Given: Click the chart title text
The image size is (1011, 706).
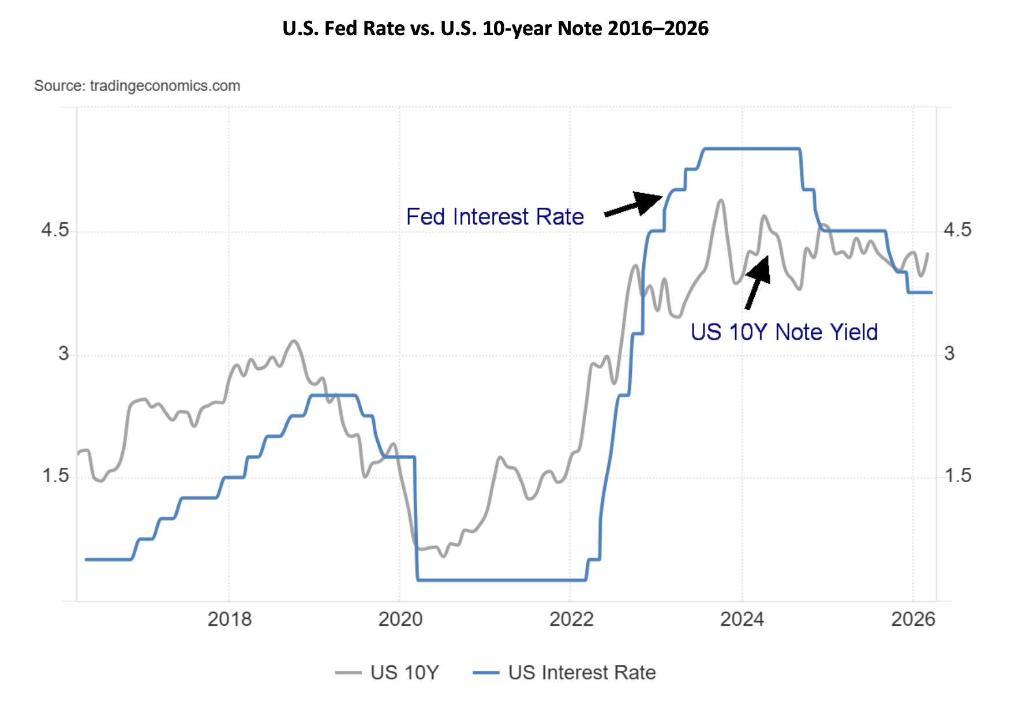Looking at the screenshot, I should [495, 28].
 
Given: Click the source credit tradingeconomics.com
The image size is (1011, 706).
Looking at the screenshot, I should [137, 86].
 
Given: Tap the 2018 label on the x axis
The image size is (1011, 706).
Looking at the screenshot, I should [229, 619].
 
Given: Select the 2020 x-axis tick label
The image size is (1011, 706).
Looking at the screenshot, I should [400, 619].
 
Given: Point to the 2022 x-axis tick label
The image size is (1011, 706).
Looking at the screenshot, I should [571, 619].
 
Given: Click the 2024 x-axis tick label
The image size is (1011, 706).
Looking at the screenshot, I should [742, 619].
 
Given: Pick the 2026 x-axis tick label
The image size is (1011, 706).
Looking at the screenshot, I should [912, 619].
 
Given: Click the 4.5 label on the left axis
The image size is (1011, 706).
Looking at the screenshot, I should [54, 231].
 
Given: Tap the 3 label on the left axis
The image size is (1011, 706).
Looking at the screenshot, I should [63, 354].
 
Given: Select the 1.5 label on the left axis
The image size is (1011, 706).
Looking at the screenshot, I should [54, 476].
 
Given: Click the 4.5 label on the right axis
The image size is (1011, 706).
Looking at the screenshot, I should [957, 231].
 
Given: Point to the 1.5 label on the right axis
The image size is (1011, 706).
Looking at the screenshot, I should [957, 476].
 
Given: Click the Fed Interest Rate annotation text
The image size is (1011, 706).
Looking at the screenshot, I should [495, 217].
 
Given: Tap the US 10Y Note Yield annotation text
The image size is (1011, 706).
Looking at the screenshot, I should [784, 332].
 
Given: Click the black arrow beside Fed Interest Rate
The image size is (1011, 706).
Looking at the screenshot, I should [635, 204].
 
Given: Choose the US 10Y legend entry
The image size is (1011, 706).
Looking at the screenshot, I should [387, 673].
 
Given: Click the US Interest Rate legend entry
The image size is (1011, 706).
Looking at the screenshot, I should [564, 673].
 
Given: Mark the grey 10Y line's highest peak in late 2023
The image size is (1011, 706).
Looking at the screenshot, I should [720, 201].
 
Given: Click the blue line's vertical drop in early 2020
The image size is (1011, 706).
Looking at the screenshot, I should [416, 519].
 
